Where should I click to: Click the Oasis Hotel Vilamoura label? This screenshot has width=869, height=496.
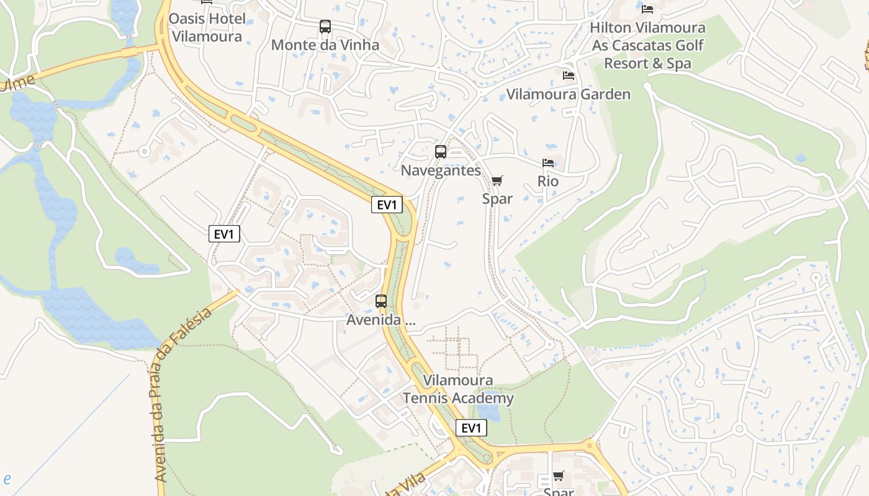pos(207,27)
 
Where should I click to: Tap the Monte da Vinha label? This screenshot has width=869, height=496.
pos(325,45)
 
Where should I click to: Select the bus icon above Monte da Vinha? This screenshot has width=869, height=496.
pos(325,27)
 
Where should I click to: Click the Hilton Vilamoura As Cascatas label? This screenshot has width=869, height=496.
pos(647,45)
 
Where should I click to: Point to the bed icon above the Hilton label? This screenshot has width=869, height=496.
pos(647,9)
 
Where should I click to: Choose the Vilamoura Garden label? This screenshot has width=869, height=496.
pos(568,94)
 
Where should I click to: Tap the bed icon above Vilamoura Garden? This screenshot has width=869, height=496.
pos(568,76)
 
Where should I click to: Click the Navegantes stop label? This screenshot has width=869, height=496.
pos(441,170)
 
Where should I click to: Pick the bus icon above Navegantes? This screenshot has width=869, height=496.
pos(441,152)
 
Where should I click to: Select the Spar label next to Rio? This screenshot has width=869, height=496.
pos(497,198)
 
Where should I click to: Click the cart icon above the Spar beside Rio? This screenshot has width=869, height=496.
pos(497,180)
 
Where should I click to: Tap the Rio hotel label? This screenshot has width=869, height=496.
pos(548,181)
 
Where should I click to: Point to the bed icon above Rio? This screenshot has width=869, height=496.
pos(547,163)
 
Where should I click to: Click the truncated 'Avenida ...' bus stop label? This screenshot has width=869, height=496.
pos(380,321)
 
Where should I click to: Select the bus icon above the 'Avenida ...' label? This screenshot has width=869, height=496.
pos(381,301)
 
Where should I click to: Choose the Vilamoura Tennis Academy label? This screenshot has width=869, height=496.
pos(458,389)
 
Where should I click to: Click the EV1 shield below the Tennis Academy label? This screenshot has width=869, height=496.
pos(471,428)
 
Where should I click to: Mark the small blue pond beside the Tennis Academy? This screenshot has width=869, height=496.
pos(489,412)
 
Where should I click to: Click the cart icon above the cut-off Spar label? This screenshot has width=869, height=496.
pos(558,476)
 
